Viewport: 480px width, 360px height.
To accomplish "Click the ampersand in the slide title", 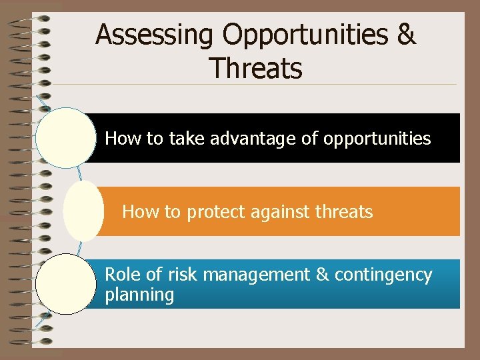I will (405, 35).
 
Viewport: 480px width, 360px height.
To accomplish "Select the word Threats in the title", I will (255, 67).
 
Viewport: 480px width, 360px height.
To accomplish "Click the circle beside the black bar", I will (66, 138).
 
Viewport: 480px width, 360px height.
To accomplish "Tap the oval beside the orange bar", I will (83, 211).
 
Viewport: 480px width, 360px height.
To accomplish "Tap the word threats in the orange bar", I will (344, 212).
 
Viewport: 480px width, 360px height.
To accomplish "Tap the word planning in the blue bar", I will (139, 295).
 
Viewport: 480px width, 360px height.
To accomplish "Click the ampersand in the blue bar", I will (322, 275).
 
